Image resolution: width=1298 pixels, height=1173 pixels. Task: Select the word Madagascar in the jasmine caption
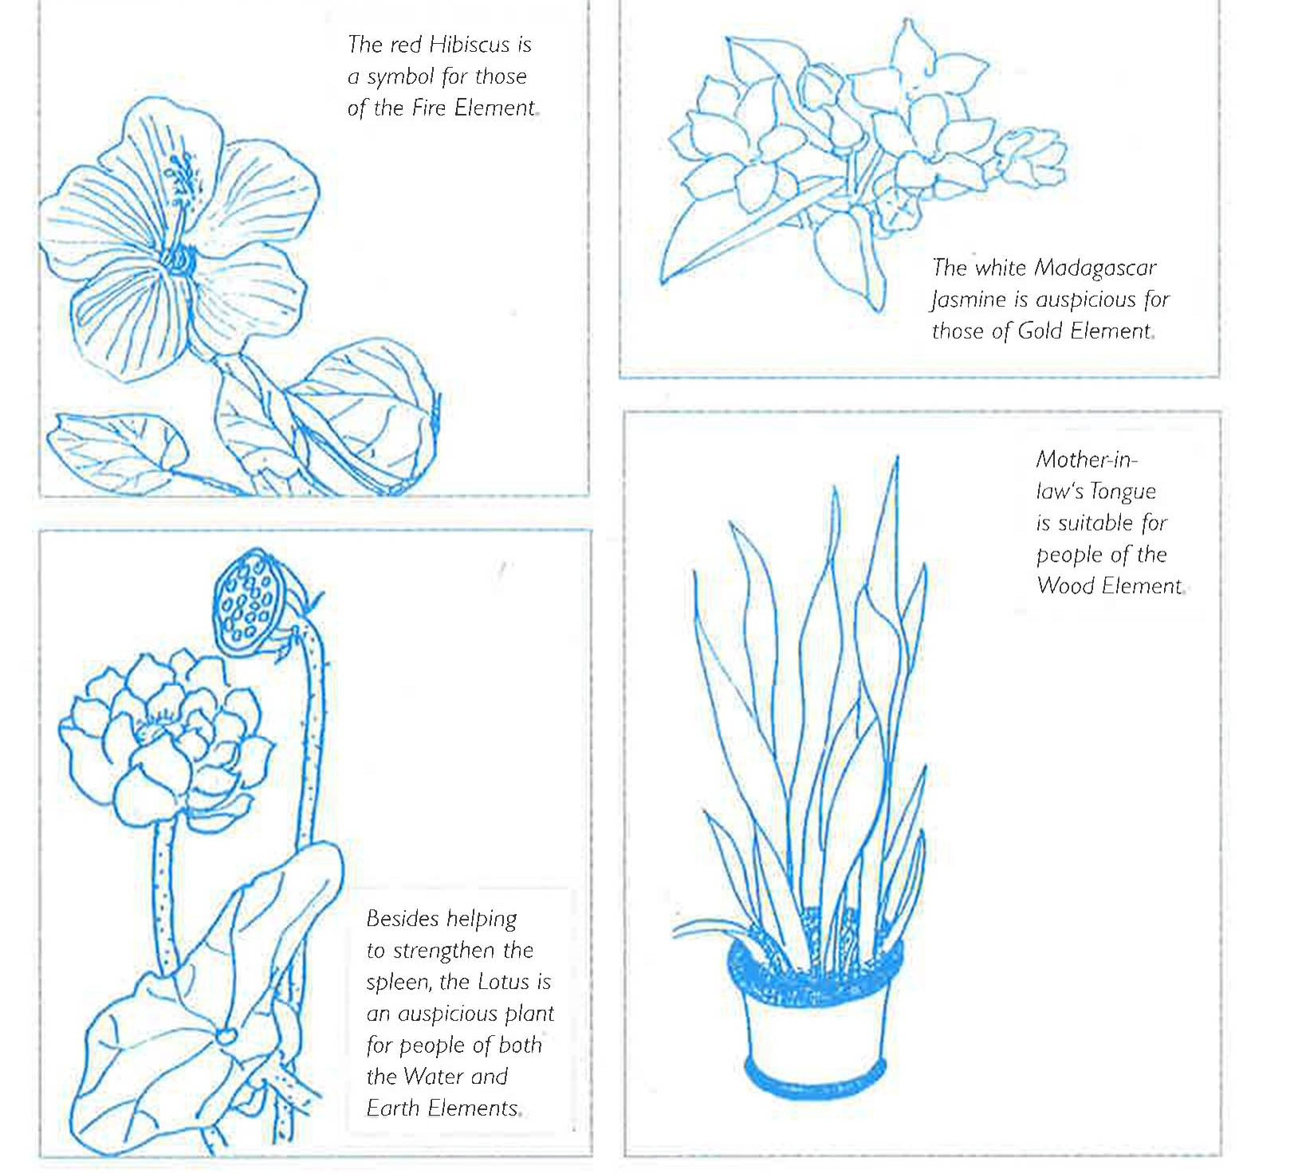(x=1095, y=269)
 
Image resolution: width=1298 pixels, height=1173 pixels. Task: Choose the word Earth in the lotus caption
(x=394, y=1108)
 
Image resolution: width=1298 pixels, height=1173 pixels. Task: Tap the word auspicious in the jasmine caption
(x=1085, y=300)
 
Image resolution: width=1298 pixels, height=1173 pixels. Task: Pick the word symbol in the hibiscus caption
(x=400, y=77)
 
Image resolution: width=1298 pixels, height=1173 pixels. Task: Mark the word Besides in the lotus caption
(x=401, y=919)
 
